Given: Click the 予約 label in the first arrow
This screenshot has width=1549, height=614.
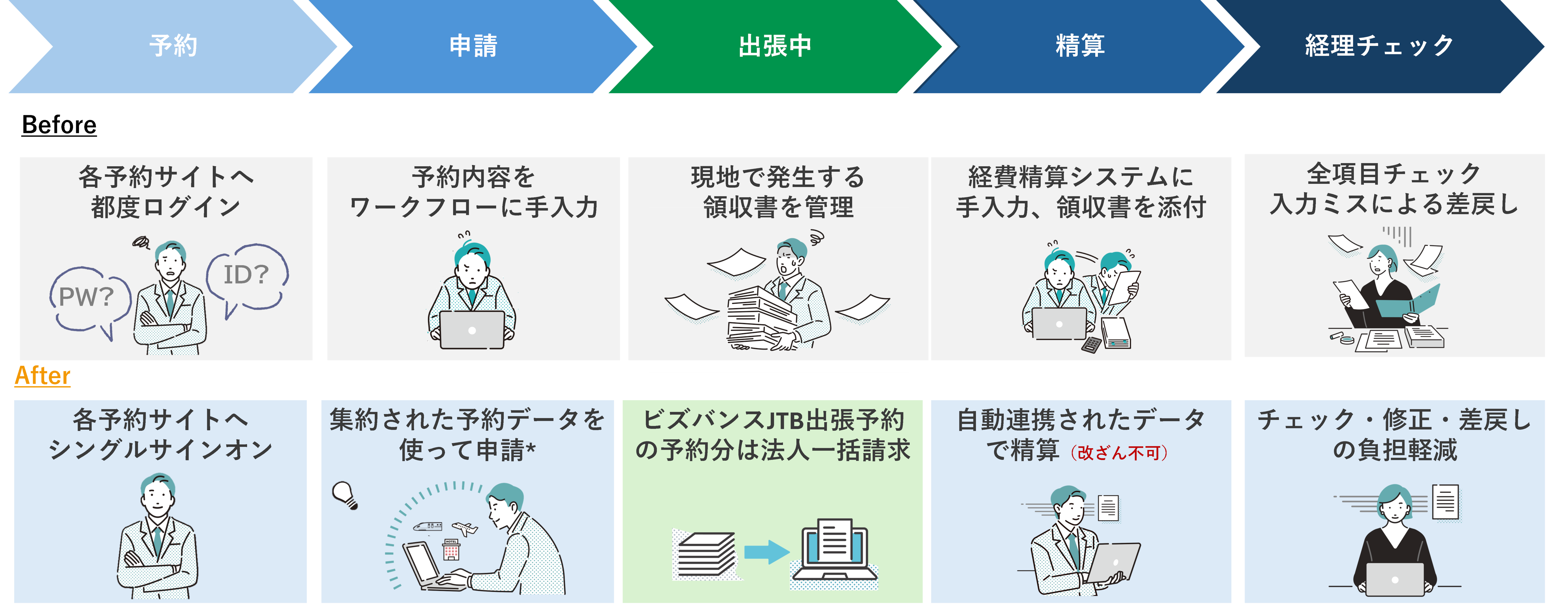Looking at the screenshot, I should pos(173,46).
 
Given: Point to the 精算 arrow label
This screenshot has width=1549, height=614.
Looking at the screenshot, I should pos(1080,46).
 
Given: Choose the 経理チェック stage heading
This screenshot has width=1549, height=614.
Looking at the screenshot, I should pos(1379,46).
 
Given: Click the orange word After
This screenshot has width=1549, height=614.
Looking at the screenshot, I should pos(42,376).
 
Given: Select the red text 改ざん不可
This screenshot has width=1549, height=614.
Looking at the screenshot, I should pos(1118,452).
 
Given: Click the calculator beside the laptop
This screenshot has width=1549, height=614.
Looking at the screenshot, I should pos(1091,344).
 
